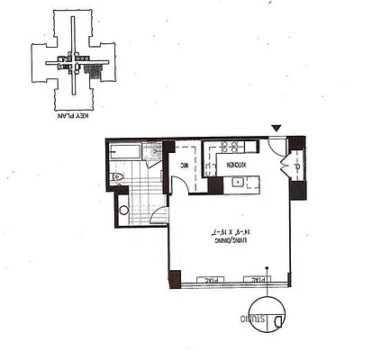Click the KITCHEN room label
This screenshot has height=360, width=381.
pos(233,165)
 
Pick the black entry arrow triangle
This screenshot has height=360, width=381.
pos(277,130)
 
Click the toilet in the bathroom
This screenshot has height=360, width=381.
pos(119,177)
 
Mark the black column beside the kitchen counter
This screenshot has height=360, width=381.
pos(215,185)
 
